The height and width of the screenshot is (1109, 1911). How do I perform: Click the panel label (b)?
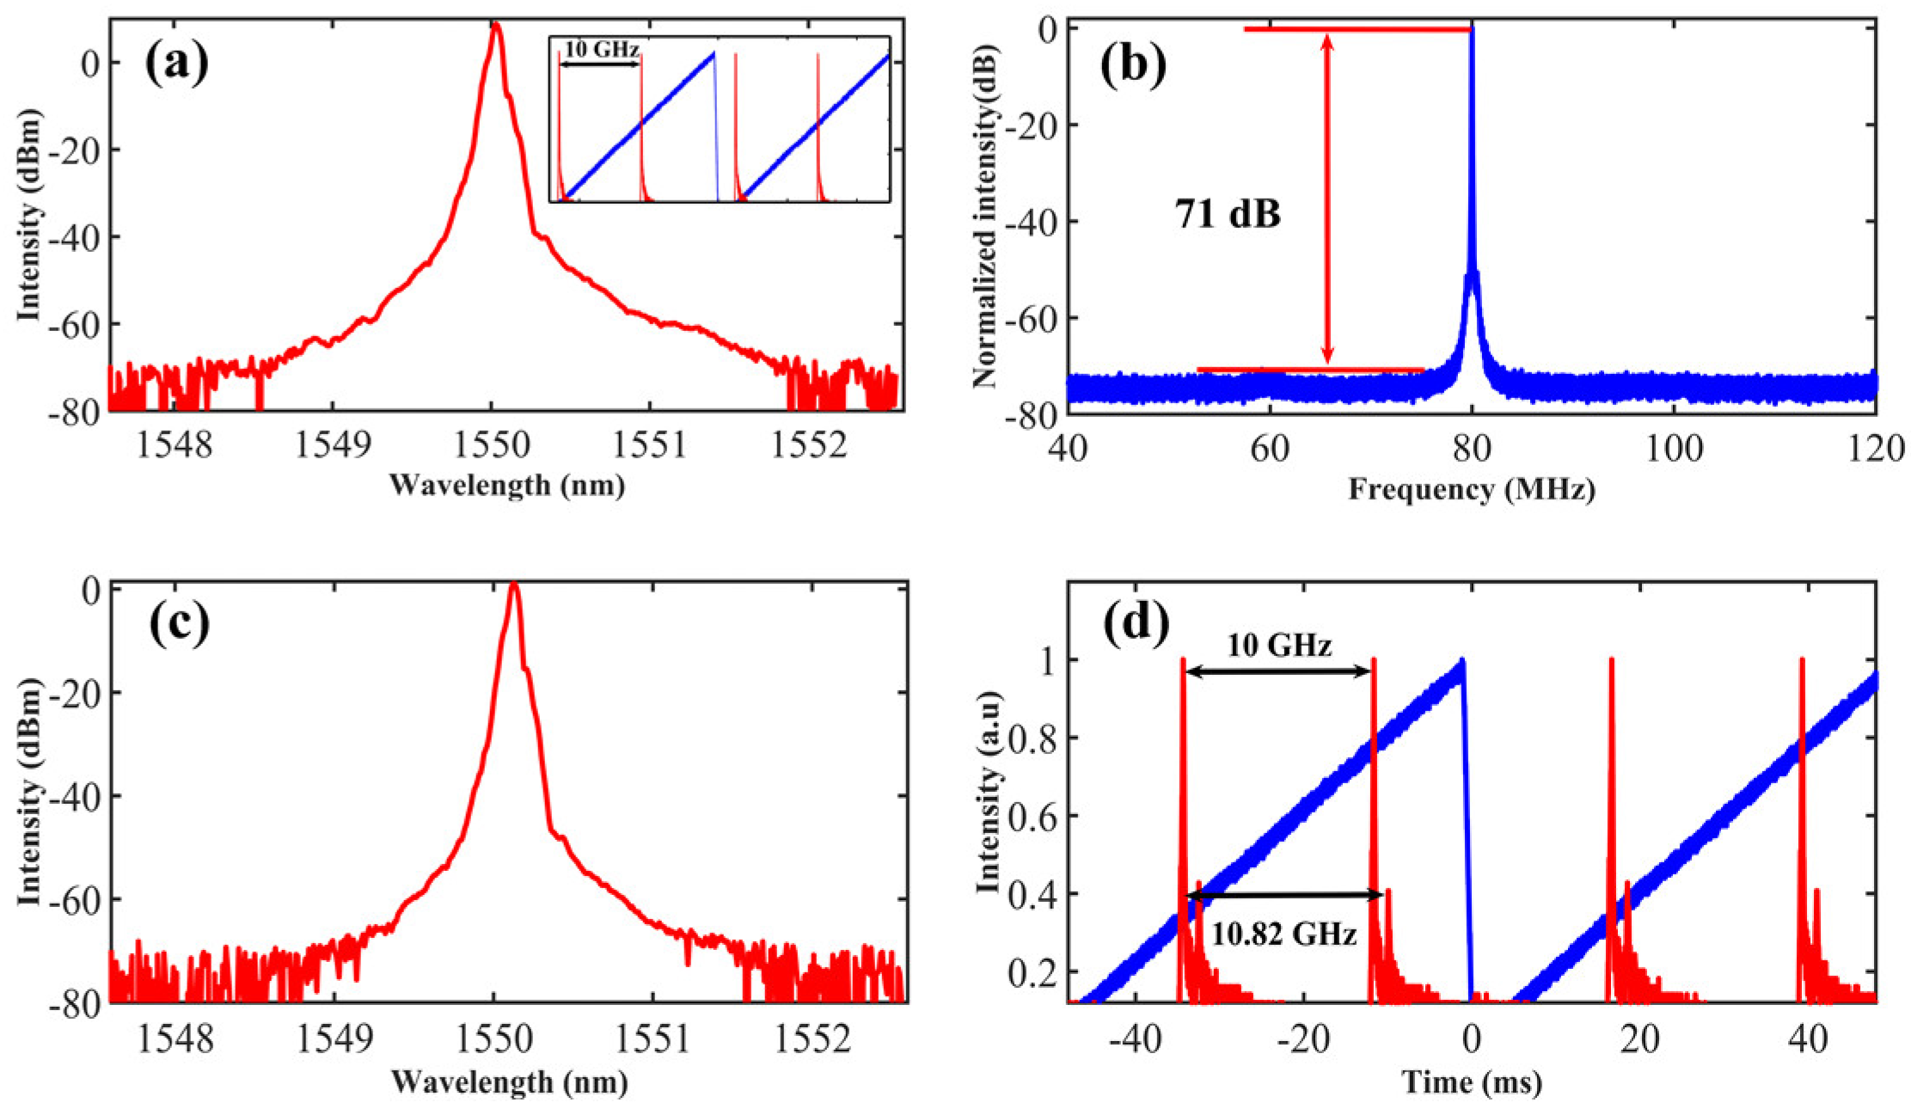[1133, 65]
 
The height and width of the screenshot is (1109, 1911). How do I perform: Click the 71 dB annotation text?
[1228, 214]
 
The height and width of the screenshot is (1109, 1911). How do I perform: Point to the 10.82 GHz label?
[1283, 934]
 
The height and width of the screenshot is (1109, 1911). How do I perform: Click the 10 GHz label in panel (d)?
[1279, 646]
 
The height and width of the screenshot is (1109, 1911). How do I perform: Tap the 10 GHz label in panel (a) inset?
[602, 50]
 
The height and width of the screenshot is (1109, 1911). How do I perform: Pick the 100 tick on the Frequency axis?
[1674, 447]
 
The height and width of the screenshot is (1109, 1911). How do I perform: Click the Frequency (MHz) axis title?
[1471, 489]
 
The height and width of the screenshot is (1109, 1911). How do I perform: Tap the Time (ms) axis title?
[1471, 1082]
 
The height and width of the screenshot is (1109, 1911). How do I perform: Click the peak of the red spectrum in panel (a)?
[496, 26]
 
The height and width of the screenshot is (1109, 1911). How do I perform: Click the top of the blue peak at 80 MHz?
[1472, 30]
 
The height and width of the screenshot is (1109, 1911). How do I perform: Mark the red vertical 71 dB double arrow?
[1327, 198]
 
